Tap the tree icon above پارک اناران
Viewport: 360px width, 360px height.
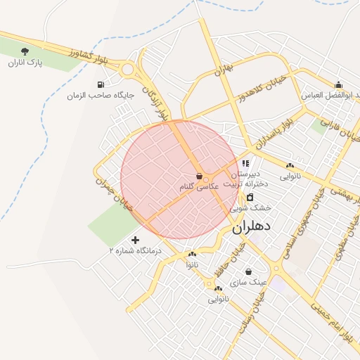(x=25, y=51)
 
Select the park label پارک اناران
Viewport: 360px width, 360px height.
(x=25, y=63)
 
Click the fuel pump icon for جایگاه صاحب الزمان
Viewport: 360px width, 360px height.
(x=101, y=84)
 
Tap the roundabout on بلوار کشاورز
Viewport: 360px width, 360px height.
(x=128, y=69)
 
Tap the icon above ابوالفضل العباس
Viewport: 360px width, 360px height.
(x=338, y=84)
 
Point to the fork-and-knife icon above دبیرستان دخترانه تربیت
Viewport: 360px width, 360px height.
(x=245, y=163)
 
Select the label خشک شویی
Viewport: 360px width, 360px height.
(x=252, y=208)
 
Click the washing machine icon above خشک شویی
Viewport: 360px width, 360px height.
(x=250, y=197)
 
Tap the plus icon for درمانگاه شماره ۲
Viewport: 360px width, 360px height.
(x=135, y=240)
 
